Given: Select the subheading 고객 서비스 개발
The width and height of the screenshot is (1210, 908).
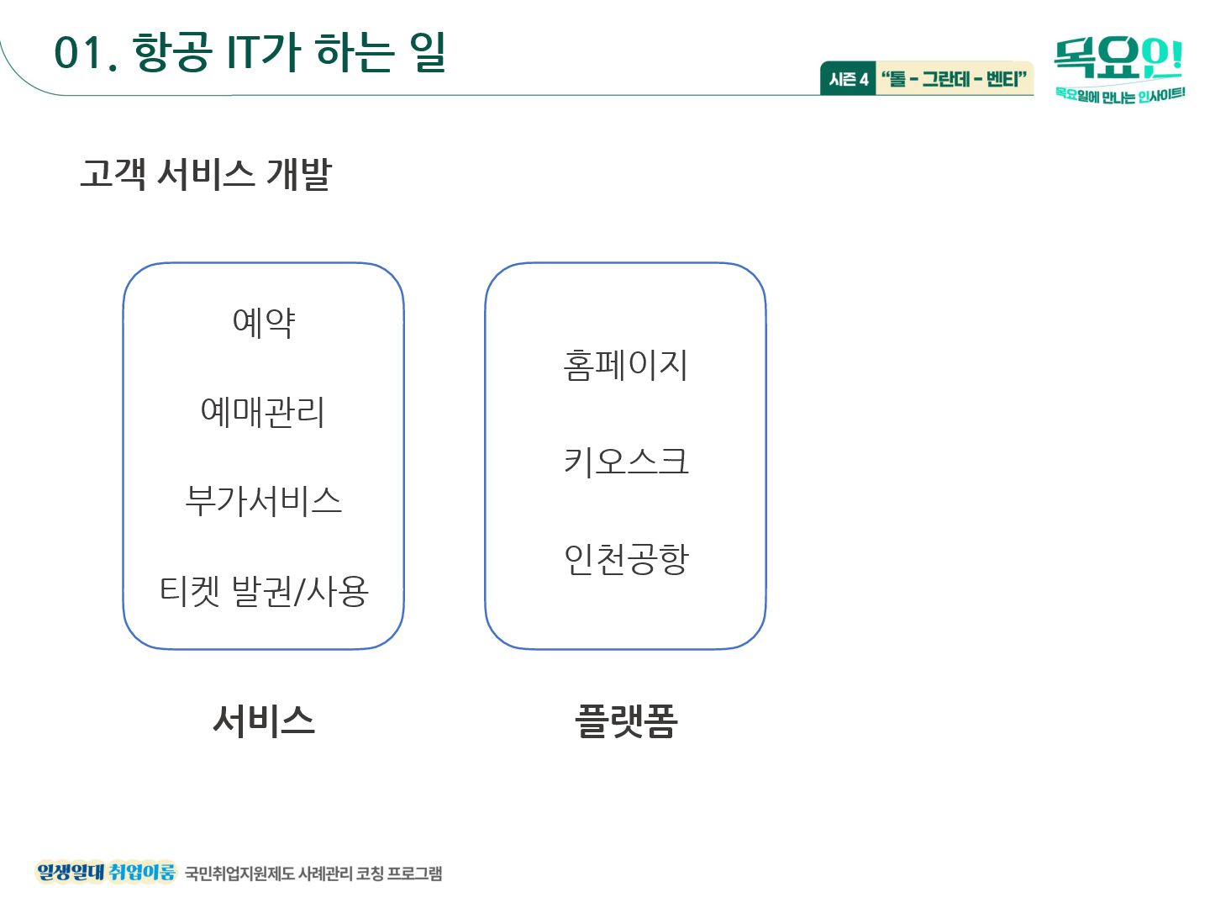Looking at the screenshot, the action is (206, 173).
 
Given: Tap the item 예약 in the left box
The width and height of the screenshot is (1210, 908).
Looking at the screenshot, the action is (264, 322).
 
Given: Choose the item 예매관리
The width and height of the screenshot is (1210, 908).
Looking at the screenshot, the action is (263, 412).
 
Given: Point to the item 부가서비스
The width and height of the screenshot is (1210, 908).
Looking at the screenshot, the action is (264, 501).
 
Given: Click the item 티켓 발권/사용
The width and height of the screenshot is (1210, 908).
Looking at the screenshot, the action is (264, 590).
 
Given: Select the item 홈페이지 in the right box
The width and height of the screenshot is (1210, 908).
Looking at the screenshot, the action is (626, 366).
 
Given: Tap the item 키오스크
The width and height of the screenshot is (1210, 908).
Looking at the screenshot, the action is (626, 462).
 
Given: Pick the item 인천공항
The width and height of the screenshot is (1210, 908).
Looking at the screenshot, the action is (626, 559).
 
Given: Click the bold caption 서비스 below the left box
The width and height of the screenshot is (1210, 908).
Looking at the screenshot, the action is (264, 721).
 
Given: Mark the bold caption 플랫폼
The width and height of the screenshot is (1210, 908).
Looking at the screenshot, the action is (626, 721).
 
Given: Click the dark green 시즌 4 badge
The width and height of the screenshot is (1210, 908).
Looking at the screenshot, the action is (848, 79).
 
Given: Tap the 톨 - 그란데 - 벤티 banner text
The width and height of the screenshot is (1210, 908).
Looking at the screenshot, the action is (954, 79).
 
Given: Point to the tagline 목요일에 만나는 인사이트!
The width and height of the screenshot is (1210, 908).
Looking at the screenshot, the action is (1119, 95).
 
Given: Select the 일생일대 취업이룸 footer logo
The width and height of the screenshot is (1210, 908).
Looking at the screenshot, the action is (106, 872).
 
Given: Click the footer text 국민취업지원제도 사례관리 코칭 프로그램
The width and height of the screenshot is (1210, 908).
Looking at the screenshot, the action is (313, 874).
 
